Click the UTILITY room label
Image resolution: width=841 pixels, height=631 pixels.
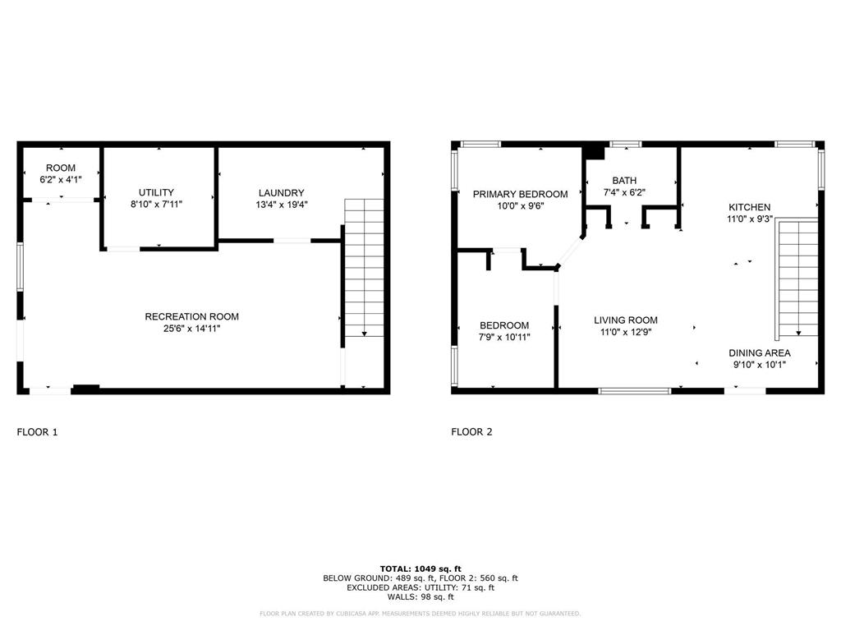pos(156,192)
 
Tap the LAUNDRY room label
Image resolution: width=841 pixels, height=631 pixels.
pos(281,192)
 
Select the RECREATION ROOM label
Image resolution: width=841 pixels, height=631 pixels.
pos(191,316)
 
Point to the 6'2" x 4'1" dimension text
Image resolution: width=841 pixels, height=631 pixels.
pos(61,180)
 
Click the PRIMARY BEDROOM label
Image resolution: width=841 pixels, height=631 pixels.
pos(520,194)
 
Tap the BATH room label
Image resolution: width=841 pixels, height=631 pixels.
pos(624,181)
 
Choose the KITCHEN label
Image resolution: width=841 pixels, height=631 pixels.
pos(749,207)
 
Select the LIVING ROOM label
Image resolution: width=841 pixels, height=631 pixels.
pos(625,320)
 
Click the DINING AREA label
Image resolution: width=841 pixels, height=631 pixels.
pos(760,353)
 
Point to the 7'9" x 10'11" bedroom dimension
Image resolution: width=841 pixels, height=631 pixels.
pos(504,337)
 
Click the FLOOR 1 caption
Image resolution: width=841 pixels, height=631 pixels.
pos(37,432)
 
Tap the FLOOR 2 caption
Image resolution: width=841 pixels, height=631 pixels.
pos(471,432)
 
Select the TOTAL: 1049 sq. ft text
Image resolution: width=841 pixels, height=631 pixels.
pos(420,569)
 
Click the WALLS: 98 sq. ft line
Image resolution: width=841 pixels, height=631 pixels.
pos(420,596)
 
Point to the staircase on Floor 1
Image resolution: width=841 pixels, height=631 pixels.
pos(364,268)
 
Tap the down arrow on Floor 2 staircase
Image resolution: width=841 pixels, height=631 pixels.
pos(798,333)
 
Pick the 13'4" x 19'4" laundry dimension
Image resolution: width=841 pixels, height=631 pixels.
pos(282,205)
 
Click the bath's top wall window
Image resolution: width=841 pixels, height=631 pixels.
pos(626,144)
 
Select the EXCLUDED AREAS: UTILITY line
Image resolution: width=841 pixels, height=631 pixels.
pos(420,587)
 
